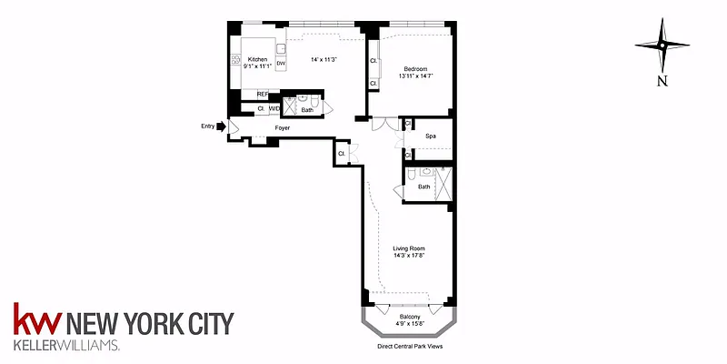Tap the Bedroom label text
pyautogui.click(x=415, y=68)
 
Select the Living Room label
pyautogui.click(x=409, y=248)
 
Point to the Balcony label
pyautogui.click(x=409, y=316)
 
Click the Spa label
pyautogui.click(x=431, y=136)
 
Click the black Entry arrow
pyautogui.click(x=220, y=127)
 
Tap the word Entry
pyautogui.click(x=207, y=127)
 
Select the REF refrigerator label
pyautogui.click(x=263, y=94)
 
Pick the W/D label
pyautogui.click(x=274, y=109)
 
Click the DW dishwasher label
pyautogui.click(x=281, y=65)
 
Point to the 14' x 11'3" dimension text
pyautogui.click(x=324, y=60)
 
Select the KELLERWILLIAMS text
pyautogui.click(x=65, y=346)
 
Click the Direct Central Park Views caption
pyautogui.click(x=409, y=347)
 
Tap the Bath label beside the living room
pyautogui.click(x=423, y=187)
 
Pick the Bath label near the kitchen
pyautogui.click(x=307, y=110)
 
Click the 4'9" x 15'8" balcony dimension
pyautogui.click(x=409, y=323)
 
